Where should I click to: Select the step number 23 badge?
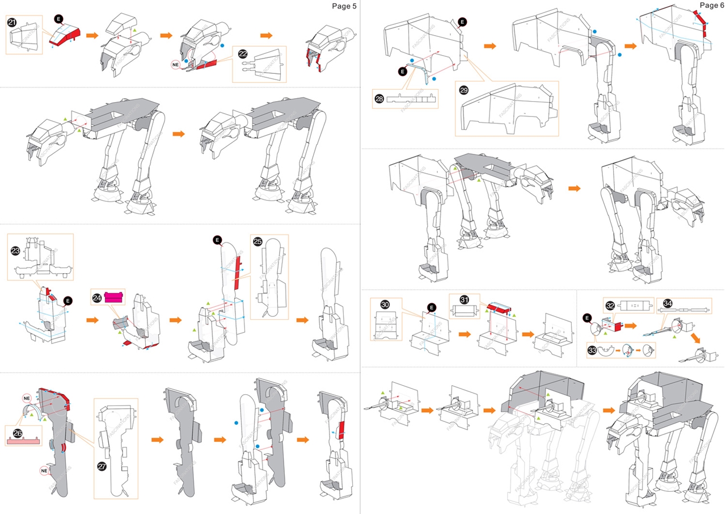click(15, 250)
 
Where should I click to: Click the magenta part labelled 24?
click(115, 297)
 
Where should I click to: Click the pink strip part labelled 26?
click(22, 439)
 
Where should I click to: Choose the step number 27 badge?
click(102, 466)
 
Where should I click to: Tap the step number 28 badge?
click(379, 98)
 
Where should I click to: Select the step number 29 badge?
click(463, 90)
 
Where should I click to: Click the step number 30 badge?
click(385, 304)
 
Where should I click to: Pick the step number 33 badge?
click(593, 350)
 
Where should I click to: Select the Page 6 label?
click(711, 5)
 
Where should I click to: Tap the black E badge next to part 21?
click(59, 19)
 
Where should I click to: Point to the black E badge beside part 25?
click(217, 240)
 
